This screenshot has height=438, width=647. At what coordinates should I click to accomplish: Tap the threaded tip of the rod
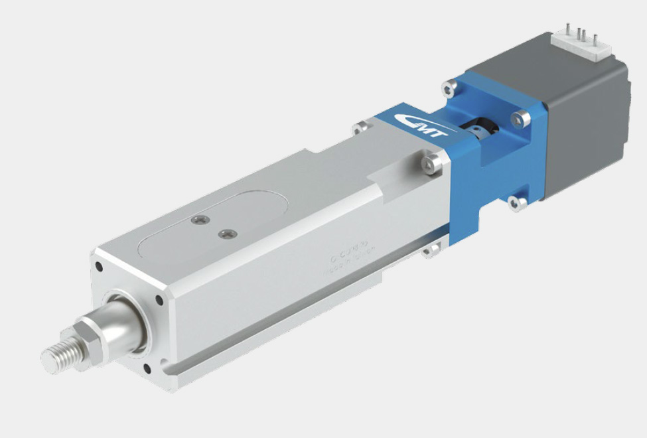pyautogui.click(x=56, y=356)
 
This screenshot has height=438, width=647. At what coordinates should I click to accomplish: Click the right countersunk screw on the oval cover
pyautogui.click(x=228, y=234)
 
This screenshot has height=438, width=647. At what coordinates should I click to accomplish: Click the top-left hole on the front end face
pyautogui.click(x=98, y=267)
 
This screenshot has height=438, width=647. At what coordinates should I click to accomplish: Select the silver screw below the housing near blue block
pyautogui.click(x=433, y=248)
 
